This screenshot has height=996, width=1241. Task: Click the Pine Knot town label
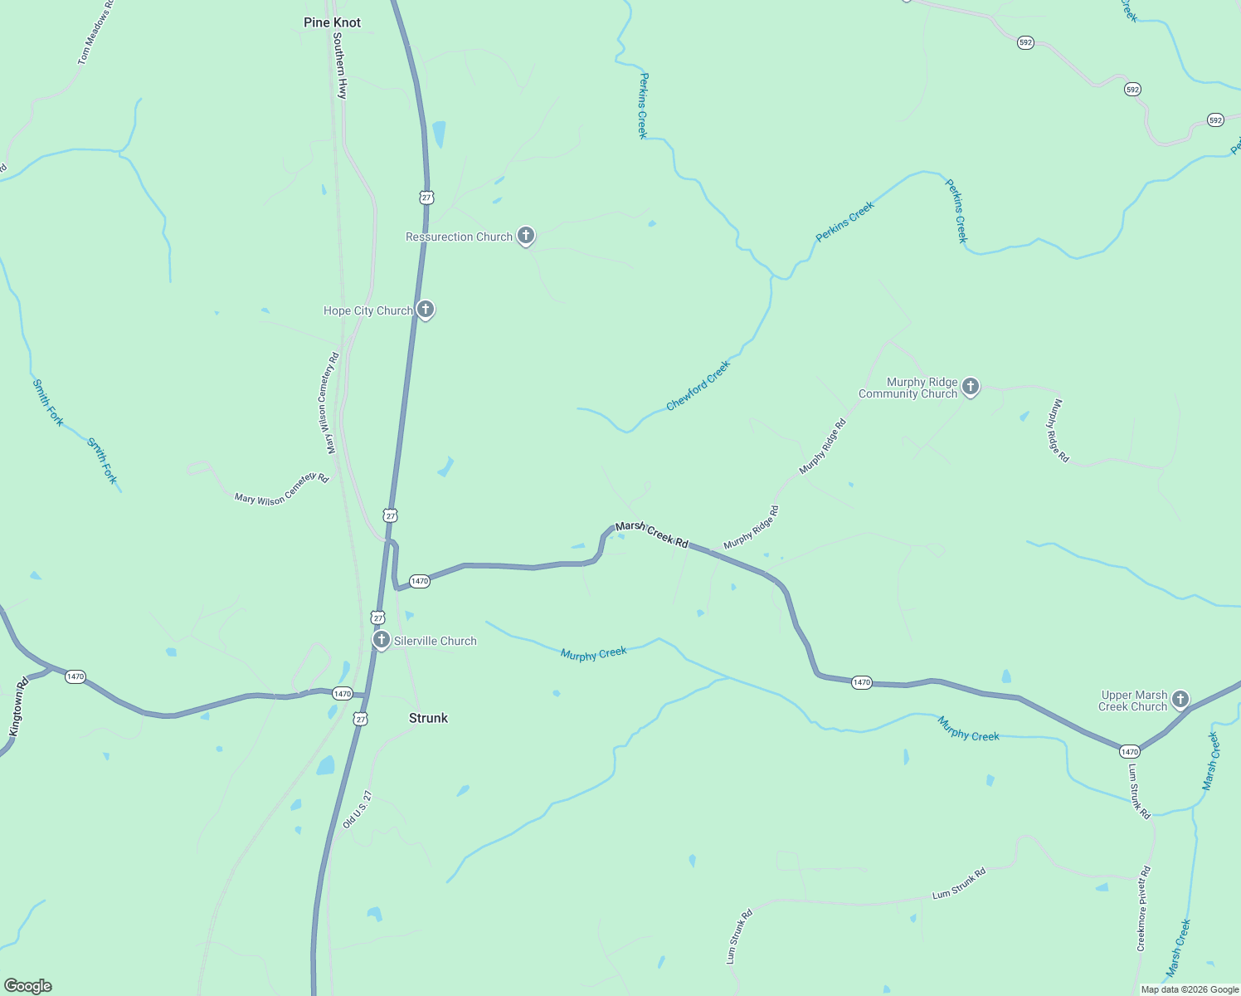tap(332, 22)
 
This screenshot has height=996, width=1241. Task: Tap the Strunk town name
tap(428, 718)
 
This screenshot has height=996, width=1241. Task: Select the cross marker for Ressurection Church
tap(526, 236)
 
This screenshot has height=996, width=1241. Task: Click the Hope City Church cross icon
tap(426, 310)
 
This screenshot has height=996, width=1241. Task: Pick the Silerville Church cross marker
tap(382, 640)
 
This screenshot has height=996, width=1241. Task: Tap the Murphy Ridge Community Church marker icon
tap(971, 386)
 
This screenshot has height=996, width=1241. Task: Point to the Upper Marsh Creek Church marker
tap(1180, 700)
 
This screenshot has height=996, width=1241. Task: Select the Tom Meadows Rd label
tap(95, 33)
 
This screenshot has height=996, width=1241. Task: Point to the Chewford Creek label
tap(698, 386)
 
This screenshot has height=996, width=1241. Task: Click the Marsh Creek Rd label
tap(652, 535)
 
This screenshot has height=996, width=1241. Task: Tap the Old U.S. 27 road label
tap(358, 810)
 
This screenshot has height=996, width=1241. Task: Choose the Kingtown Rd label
tap(18, 707)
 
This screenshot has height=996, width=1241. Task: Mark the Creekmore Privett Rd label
tap(1144, 909)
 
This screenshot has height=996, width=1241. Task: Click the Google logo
tap(28, 986)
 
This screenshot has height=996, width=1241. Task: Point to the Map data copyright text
tap(1190, 989)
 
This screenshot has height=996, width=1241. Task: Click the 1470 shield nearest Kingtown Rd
tap(75, 676)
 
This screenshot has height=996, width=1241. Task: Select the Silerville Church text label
tap(436, 641)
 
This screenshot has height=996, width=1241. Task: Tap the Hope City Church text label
tap(368, 310)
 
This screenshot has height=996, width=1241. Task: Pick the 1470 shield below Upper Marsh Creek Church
tap(1130, 751)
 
